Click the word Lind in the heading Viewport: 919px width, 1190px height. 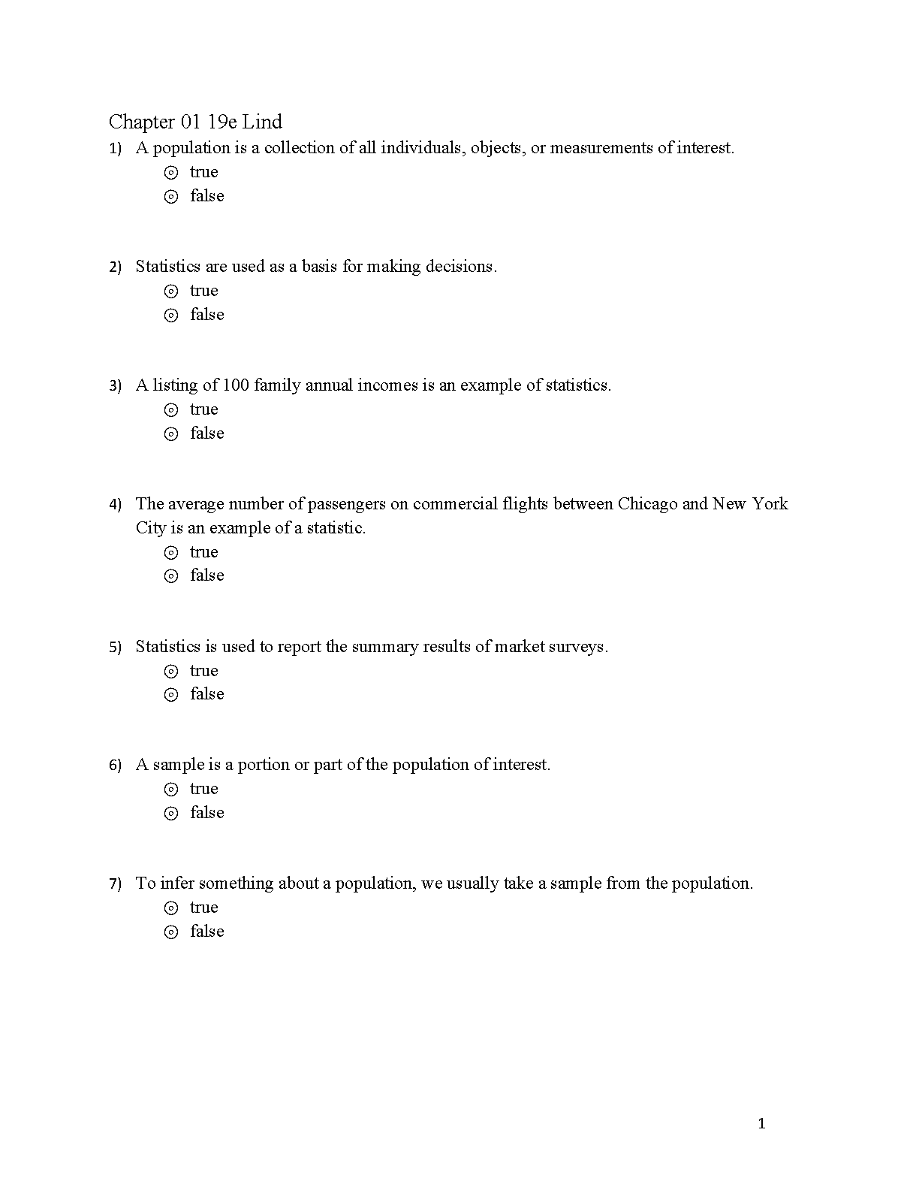pyautogui.click(x=262, y=122)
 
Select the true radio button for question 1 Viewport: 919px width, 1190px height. pyautogui.click(x=171, y=173)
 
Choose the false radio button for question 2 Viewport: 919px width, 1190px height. pyautogui.click(x=171, y=316)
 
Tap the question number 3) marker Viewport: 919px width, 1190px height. pyautogui.click(x=115, y=386)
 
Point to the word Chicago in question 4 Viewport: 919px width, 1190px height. pyautogui.click(x=647, y=504)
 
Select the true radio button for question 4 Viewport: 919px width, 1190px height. pyautogui.click(x=171, y=553)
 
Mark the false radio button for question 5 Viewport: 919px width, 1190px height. pyautogui.click(x=171, y=695)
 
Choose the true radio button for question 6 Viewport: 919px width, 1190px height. pyautogui.click(x=171, y=790)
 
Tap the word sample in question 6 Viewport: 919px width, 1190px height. pyautogui.click(x=179, y=765)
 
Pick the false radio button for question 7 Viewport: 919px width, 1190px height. pyautogui.click(x=171, y=932)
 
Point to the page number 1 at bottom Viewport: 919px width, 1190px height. pyautogui.click(x=762, y=1124)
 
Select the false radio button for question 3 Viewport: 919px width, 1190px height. pyautogui.click(x=171, y=434)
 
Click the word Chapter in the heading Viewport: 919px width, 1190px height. pyautogui.click(x=142, y=122)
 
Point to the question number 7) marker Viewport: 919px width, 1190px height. pyautogui.click(x=115, y=884)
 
